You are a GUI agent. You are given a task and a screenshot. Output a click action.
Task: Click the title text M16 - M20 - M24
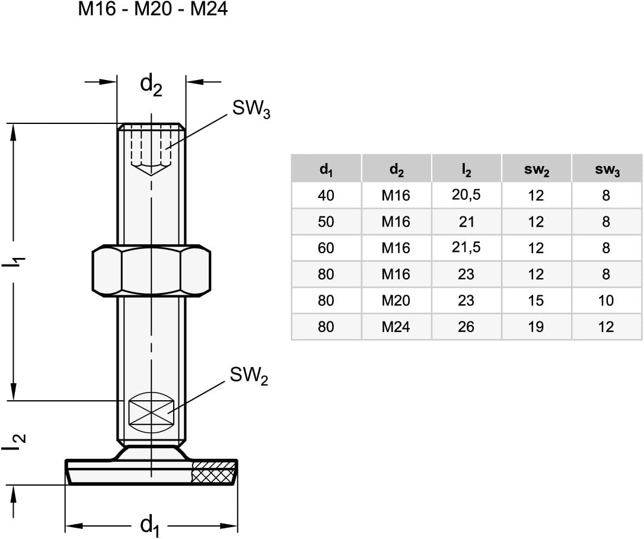click(x=154, y=10)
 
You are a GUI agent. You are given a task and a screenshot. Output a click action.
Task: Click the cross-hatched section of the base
click(x=213, y=473)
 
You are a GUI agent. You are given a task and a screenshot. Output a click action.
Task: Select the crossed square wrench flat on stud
click(x=151, y=411)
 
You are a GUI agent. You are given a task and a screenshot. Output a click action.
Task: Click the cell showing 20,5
click(x=466, y=195)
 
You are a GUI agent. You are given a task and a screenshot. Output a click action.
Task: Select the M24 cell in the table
click(x=396, y=327)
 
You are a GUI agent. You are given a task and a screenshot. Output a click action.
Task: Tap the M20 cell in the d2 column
click(x=396, y=301)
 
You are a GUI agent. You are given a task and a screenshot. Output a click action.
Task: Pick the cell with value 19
click(x=536, y=327)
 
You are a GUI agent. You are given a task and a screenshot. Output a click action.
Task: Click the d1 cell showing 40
click(x=326, y=195)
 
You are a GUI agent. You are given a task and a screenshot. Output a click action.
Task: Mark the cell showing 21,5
click(x=466, y=248)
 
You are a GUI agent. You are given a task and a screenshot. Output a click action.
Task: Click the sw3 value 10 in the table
click(x=606, y=301)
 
